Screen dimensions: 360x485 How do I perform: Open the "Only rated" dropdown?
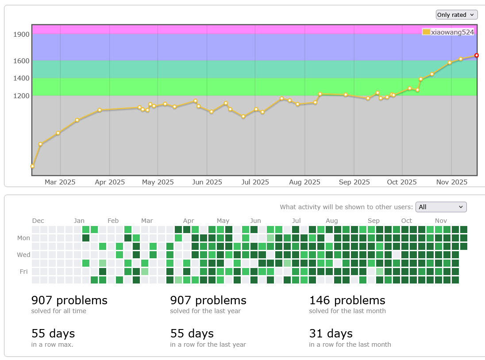pyautogui.click(x=457, y=15)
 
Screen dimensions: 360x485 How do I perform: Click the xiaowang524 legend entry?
pyautogui.click(x=448, y=32)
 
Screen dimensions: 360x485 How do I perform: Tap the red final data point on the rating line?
pyautogui.click(x=477, y=55)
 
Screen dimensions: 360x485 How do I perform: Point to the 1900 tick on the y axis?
pyautogui.click(x=22, y=34)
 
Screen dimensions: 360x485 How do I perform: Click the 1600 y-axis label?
pyautogui.click(x=22, y=61)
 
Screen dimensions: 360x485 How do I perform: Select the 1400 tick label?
pyautogui.click(x=22, y=78)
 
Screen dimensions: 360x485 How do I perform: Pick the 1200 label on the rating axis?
pyautogui.click(x=22, y=96)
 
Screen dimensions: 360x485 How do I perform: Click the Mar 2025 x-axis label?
pyautogui.click(x=60, y=182)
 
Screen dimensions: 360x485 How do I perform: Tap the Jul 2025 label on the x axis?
pyautogui.click(x=255, y=182)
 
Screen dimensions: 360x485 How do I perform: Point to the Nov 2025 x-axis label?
pyautogui.click(x=451, y=182)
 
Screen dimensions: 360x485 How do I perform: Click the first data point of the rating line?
pyautogui.click(x=32, y=166)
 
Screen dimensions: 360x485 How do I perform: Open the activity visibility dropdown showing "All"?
pyautogui.click(x=441, y=207)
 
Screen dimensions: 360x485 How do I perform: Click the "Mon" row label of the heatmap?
pyautogui.click(x=23, y=238)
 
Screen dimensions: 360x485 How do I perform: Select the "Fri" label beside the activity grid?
pyautogui.click(x=24, y=272)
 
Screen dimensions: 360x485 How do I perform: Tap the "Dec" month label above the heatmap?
pyautogui.click(x=38, y=221)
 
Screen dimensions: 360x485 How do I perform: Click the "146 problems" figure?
pyautogui.click(x=347, y=300)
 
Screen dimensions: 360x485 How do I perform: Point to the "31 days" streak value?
pyautogui.click(x=331, y=333)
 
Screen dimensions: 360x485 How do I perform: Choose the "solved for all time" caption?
pyautogui.click(x=59, y=311)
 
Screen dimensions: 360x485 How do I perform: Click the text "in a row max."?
pyautogui.click(x=52, y=345)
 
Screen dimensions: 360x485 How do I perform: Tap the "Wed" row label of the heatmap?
pyautogui.click(x=23, y=255)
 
